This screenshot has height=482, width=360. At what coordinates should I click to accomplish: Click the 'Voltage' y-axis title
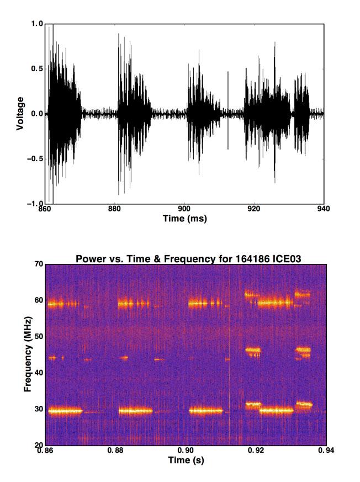(20, 113)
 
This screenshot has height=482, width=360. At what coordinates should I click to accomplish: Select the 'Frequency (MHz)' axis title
(27, 354)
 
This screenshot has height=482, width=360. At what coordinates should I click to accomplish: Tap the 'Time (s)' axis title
(186, 460)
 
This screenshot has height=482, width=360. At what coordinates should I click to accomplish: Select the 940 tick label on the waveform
(324, 209)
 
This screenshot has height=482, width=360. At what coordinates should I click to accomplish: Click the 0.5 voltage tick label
(37, 68)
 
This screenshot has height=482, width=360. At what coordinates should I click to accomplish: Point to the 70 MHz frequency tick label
(38, 264)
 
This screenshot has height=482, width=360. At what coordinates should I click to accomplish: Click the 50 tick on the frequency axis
(38, 336)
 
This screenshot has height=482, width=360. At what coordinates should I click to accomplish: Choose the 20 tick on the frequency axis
(38, 444)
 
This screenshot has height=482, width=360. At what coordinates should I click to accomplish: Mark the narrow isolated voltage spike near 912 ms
(227, 110)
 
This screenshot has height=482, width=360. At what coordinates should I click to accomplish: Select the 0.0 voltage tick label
(37, 114)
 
